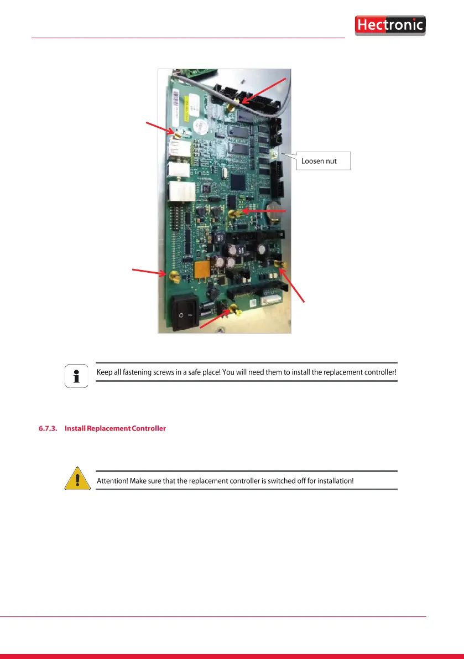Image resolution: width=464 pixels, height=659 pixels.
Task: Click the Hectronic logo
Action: click(x=390, y=25)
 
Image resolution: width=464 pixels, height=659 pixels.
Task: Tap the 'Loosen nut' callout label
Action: click(x=323, y=162)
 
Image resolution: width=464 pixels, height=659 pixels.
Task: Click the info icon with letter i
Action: click(x=76, y=376)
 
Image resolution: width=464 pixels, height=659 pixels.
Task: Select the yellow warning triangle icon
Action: click(x=77, y=479)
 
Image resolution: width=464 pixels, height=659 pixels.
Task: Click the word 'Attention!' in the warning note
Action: click(x=112, y=481)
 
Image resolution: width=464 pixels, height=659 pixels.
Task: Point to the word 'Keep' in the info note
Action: click(x=105, y=372)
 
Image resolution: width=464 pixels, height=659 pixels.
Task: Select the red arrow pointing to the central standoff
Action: click(x=265, y=211)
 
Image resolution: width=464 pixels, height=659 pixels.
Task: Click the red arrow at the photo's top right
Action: click(x=265, y=90)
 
